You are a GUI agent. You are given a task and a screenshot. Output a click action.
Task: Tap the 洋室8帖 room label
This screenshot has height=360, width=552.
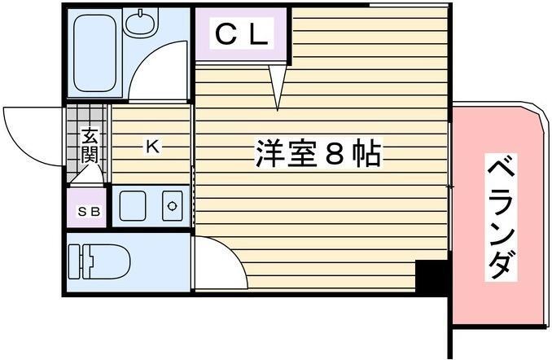point(318,153)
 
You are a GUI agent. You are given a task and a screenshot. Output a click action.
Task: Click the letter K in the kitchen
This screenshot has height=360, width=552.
point(151,147)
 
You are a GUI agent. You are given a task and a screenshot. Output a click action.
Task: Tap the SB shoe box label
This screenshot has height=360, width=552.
point(89,212)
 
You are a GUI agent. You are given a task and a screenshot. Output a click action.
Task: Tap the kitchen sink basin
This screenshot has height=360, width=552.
point(132,206)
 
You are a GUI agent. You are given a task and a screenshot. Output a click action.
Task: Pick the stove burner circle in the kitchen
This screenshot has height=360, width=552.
point(172,206)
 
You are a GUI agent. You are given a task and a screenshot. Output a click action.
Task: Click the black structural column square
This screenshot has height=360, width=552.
point(431,278)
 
